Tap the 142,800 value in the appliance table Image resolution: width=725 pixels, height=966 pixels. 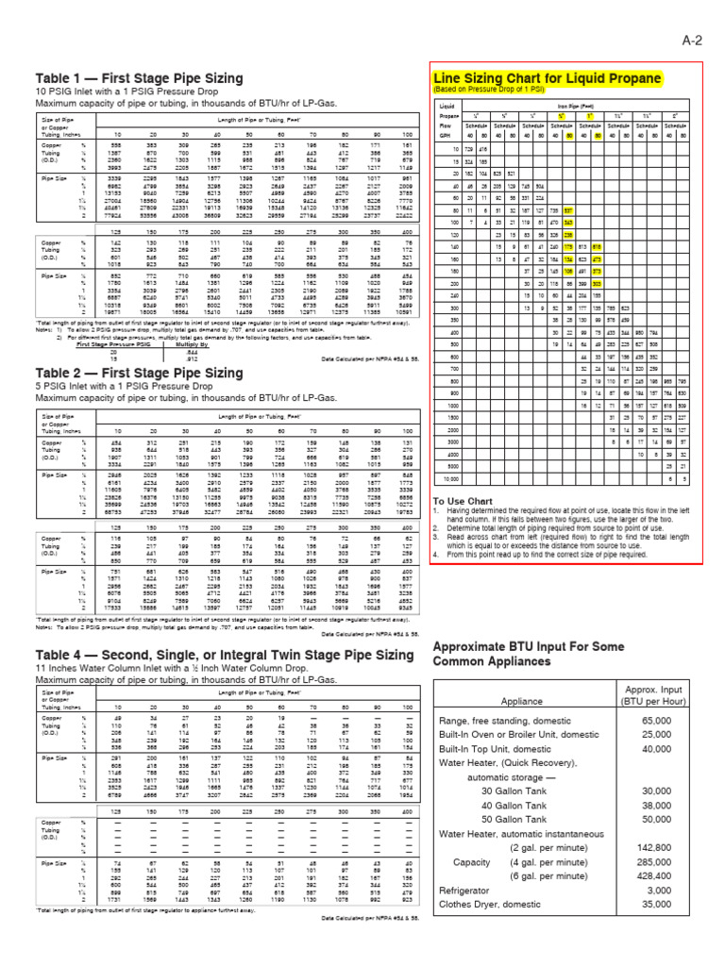coord(661,874)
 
